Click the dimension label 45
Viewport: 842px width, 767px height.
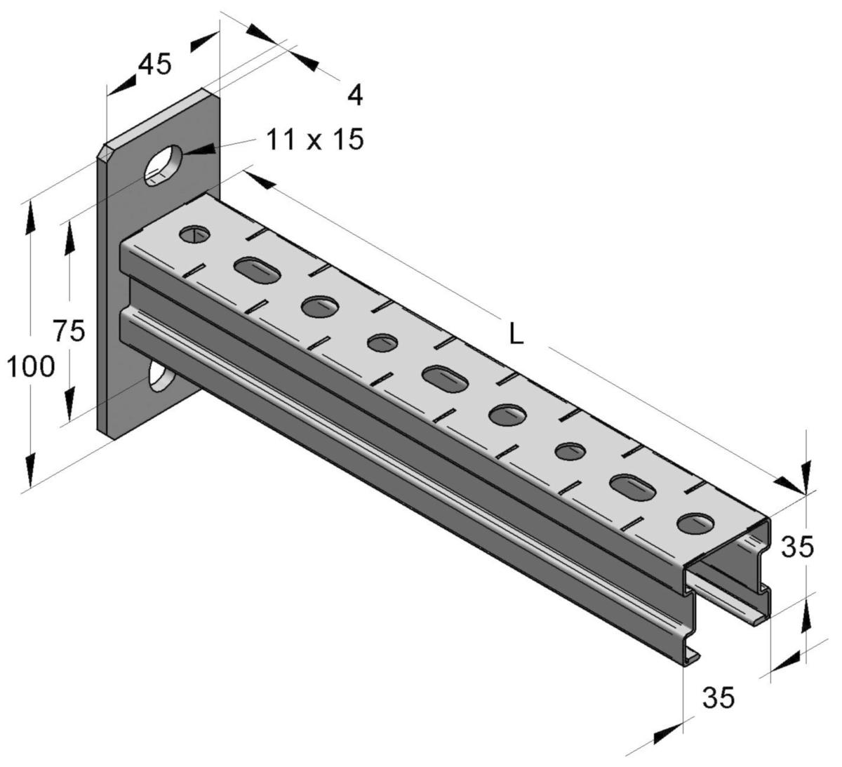(154, 65)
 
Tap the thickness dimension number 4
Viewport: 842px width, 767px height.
(356, 95)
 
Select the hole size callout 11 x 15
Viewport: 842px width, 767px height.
(315, 140)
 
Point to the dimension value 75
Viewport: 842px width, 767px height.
(69, 331)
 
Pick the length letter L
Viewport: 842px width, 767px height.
(516, 335)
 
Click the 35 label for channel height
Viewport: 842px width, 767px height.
(798, 547)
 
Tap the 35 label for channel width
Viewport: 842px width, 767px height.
(719, 698)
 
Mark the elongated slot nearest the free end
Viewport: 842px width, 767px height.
(632, 486)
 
